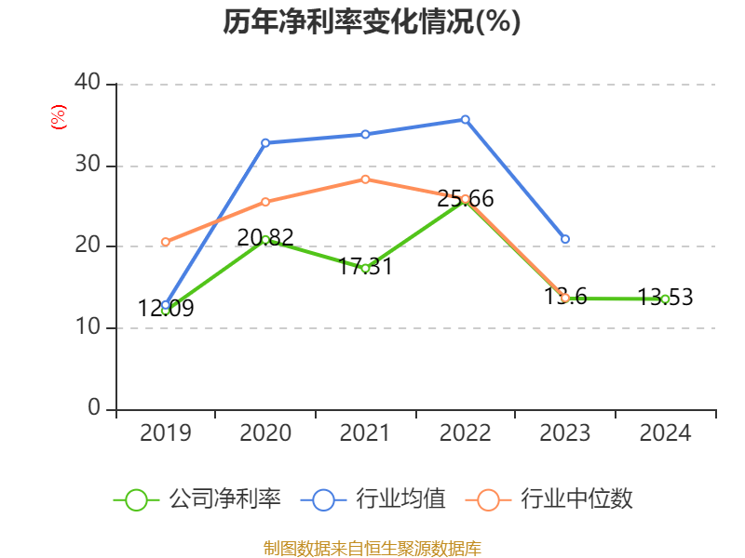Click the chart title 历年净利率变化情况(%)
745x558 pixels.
click(x=372, y=22)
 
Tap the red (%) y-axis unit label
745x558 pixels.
click(x=58, y=117)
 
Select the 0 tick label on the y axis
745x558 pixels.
click(x=94, y=408)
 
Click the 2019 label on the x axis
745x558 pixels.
click(x=165, y=433)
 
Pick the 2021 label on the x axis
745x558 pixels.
click(x=365, y=433)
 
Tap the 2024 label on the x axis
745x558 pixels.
click(x=665, y=433)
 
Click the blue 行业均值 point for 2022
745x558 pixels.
click(x=465, y=119)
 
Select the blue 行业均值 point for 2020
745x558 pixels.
click(x=265, y=142)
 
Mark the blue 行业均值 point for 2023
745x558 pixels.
click(x=565, y=239)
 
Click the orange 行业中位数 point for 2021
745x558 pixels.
click(x=365, y=179)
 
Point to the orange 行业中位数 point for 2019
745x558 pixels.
click(x=166, y=242)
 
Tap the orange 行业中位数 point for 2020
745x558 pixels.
click(x=265, y=202)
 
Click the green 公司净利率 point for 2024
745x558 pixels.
click(x=665, y=299)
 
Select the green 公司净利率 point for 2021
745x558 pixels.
click(x=365, y=268)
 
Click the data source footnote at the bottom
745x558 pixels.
click(x=372, y=548)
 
